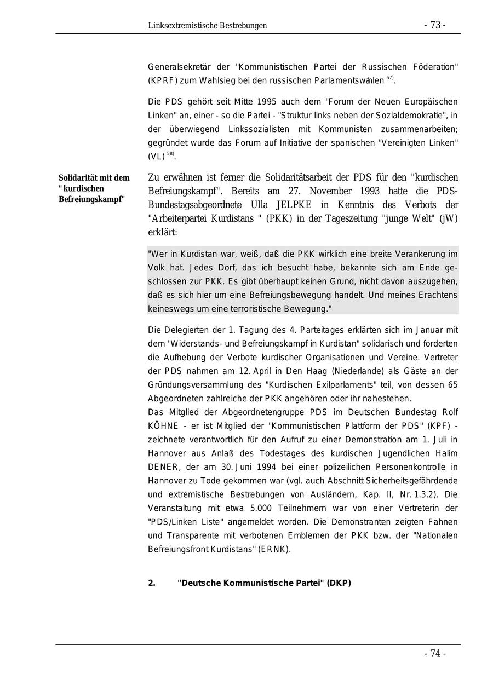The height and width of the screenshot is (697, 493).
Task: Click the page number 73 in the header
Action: coord(434,25)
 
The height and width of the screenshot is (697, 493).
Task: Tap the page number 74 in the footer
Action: coord(435,654)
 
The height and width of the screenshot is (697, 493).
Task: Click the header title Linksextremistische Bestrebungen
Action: coord(207,26)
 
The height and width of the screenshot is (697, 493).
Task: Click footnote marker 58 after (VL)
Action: coord(171,154)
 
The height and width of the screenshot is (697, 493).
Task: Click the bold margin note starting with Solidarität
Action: coord(94,188)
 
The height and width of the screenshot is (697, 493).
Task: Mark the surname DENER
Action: coord(163,467)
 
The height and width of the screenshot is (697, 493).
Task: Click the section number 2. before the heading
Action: coord(152,583)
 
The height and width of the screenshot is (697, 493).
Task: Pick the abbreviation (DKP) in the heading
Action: coord(339,583)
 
